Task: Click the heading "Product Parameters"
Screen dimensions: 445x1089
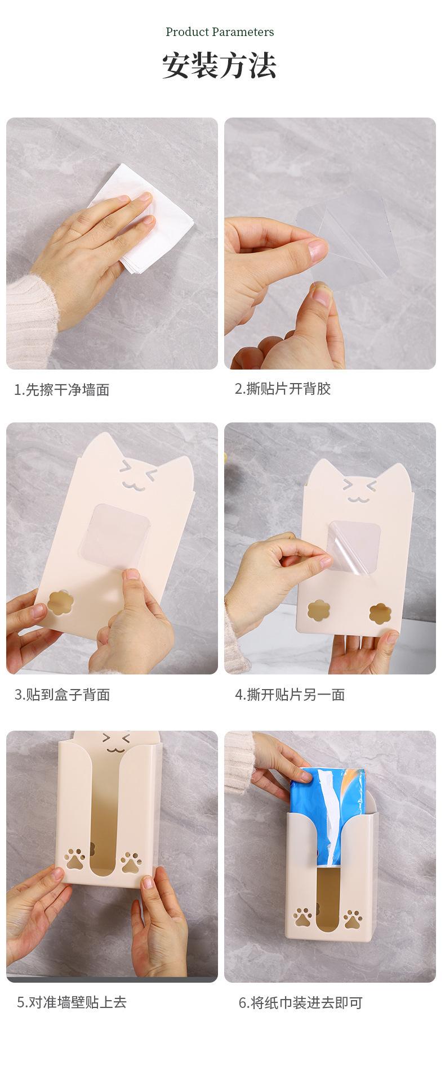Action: tap(220, 32)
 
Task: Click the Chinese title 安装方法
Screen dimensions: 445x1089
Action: tap(220, 66)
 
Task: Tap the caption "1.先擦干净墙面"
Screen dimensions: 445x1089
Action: tap(62, 389)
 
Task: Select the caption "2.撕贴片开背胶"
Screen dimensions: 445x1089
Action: tap(283, 389)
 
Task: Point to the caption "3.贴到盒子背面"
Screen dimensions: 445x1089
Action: tap(62, 694)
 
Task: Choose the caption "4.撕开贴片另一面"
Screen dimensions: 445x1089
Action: tap(290, 694)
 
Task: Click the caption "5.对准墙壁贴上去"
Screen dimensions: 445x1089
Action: tap(72, 1002)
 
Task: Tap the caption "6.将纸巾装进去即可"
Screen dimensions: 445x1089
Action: tap(300, 1002)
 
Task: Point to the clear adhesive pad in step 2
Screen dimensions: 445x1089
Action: tap(349, 236)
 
